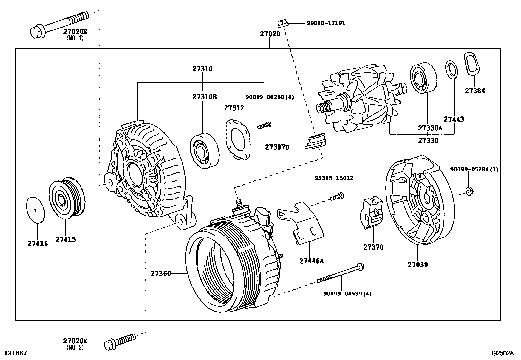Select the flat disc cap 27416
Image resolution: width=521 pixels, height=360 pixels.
pyautogui.click(x=35, y=210)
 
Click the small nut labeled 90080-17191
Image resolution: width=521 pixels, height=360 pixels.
pyautogui.click(x=282, y=23)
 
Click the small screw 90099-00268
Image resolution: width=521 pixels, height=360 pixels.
pyautogui.click(x=264, y=125)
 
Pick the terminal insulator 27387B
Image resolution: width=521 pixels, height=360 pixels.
pyautogui.click(x=316, y=141)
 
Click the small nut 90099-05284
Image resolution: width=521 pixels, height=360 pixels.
pyautogui.click(x=469, y=191)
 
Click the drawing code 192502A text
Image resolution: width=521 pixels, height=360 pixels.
pyautogui.click(x=502, y=353)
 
